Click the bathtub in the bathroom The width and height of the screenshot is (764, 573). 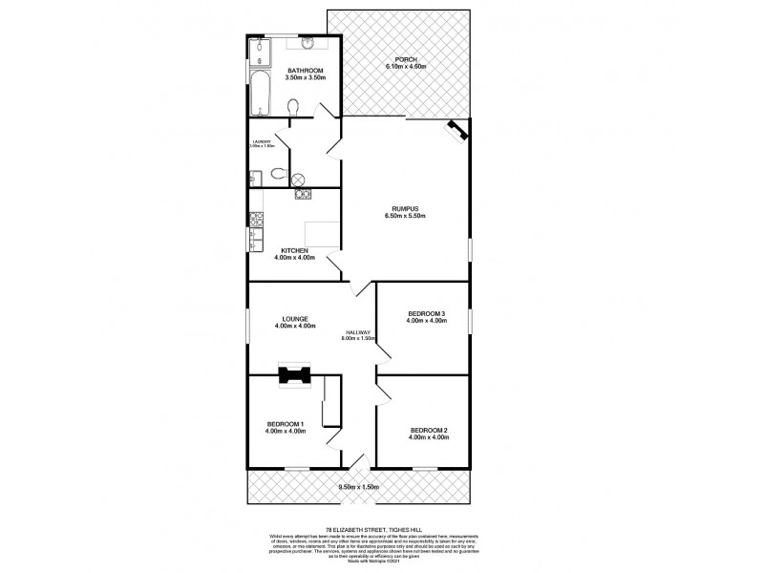(261, 95)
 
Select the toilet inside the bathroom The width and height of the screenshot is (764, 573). (294, 108)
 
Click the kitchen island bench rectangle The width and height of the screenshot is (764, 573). (322, 234)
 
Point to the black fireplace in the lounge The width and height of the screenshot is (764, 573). (293, 374)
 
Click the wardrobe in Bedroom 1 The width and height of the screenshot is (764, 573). (331, 401)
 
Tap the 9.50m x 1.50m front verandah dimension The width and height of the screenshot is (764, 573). (358, 487)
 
